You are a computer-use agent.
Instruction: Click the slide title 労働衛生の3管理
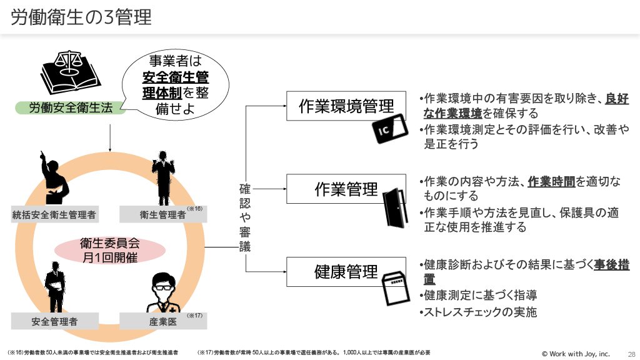82,17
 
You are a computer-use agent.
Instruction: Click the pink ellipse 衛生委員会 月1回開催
109,250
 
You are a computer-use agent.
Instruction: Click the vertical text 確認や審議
245,217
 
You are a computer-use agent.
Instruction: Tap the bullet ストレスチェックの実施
480,312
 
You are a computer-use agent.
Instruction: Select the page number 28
631,353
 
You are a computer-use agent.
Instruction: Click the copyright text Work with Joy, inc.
576,353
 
